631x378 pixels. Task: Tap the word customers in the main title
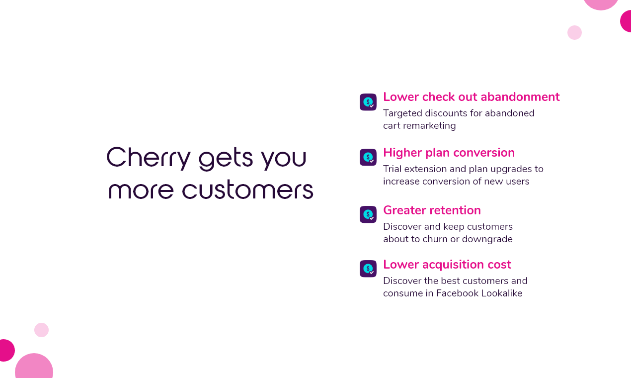pyautogui.click(x=247, y=190)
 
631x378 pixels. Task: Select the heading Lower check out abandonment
pyautogui.click(x=471, y=97)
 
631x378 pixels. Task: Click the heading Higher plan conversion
pyautogui.click(x=449, y=153)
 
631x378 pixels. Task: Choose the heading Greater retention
pyautogui.click(x=432, y=210)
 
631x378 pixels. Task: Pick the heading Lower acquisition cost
pyautogui.click(x=447, y=265)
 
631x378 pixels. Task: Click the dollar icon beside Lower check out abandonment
pyautogui.click(x=368, y=102)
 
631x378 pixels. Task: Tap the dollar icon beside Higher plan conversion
pyautogui.click(x=368, y=157)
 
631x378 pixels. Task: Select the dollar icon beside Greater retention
pyautogui.click(x=368, y=214)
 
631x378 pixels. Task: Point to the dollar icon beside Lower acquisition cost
pyautogui.click(x=368, y=269)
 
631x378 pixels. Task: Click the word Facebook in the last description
pyautogui.click(x=459, y=293)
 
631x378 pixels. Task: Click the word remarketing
pyautogui.click(x=429, y=126)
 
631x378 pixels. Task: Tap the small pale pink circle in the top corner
pyautogui.click(x=574, y=33)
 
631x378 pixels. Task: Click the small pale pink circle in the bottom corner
pyautogui.click(x=41, y=330)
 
